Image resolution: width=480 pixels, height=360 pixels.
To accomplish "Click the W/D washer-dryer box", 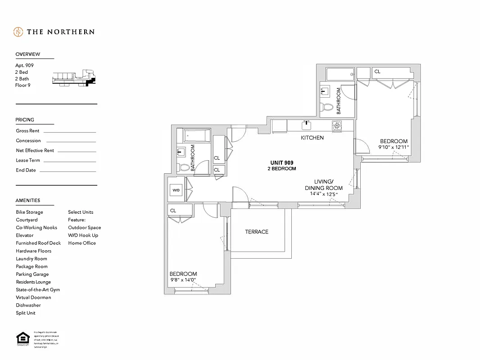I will click(176, 190).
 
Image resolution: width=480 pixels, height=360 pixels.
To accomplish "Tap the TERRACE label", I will click(257, 232).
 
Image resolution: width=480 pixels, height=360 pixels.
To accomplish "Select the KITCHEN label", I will click(312, 138).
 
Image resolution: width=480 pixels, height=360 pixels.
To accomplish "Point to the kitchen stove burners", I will click(337, 126).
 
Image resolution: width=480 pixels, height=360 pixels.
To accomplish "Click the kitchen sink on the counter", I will click(307, 125).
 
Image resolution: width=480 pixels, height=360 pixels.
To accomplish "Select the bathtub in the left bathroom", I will click(196, 135).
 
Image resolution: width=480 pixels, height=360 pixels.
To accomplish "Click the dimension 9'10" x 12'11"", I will click(394, 147).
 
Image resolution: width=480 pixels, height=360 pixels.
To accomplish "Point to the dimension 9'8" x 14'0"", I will click(183, 280).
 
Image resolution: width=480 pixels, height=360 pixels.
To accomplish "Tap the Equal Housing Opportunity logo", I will click(22, 339).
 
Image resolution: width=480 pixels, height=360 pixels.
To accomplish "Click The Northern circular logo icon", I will click(18, 32).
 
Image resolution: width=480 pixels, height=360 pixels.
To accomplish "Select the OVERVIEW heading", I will click(28, 54).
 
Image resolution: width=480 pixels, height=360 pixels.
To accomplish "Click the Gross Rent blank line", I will click(69, 131).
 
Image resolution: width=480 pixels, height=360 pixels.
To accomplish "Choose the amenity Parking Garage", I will click(32, 274).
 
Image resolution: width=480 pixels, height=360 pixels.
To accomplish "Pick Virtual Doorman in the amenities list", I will click(33, 297).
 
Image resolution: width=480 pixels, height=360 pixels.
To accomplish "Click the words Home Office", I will click(82, 243).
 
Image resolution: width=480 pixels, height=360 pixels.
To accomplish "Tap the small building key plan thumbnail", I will click(74, 78).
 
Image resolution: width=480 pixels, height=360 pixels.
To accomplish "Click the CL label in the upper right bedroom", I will click(377, 72).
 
